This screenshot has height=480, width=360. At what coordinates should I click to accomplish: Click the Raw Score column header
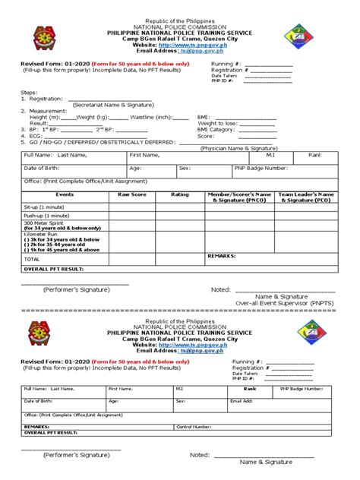(x=132, y=195)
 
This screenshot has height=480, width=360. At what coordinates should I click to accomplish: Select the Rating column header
(x=179, y=195)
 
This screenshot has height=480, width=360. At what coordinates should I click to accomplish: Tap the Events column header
(x=65, y=195)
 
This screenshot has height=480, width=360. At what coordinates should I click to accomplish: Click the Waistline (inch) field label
(x=152, y=117)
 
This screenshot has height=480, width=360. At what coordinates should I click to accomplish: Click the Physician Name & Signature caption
(x=238, y=148)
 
